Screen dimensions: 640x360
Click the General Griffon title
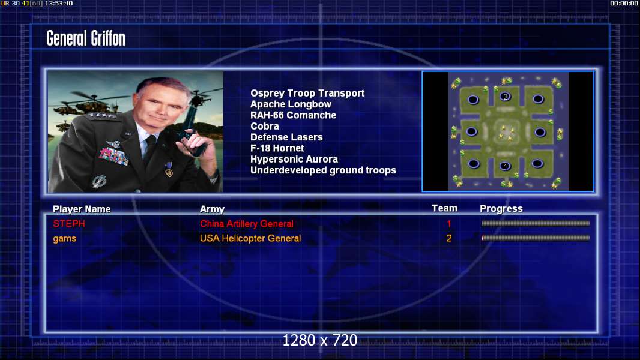click(x=86, y=38)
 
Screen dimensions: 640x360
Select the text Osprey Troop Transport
click(x=307, y=94)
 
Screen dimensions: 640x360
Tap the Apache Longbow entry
click(x=291, y=104)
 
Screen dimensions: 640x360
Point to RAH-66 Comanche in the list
click(x=293, y=115)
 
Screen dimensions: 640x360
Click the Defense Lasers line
click(x=286, y=137)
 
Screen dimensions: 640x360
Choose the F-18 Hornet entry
click(x=277, y=148)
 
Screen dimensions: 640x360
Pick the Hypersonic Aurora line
click(x=294, y=160)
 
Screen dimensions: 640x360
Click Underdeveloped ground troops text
click(x=323, y=170)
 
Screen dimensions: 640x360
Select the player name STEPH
click(x=69, y=224)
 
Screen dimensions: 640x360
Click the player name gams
click(x=64, y=239)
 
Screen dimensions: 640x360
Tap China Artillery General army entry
click(x=247, y=224)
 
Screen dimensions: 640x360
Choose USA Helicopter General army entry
click(x=250, y=239)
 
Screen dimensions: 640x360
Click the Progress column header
click(x=501, y=209)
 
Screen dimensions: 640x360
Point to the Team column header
click(x=444, y=208)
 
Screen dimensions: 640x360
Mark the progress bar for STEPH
click(x=536, y=223)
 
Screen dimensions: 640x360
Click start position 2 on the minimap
click(x=506, y=97)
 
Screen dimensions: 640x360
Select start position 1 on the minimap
click(x=506, y=166)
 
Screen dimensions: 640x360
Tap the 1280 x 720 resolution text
click(x=320, y=340)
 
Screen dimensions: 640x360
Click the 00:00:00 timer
click(x=624, y=3)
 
